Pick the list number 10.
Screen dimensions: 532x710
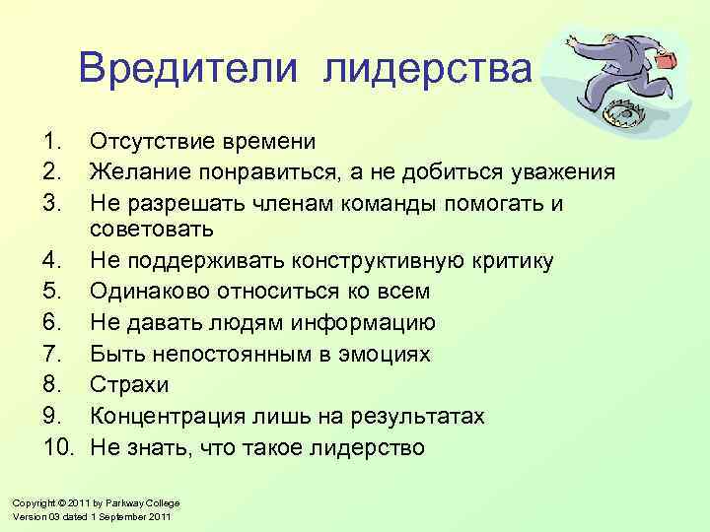tap(60, 448)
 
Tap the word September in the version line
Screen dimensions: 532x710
tap(122, 517)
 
